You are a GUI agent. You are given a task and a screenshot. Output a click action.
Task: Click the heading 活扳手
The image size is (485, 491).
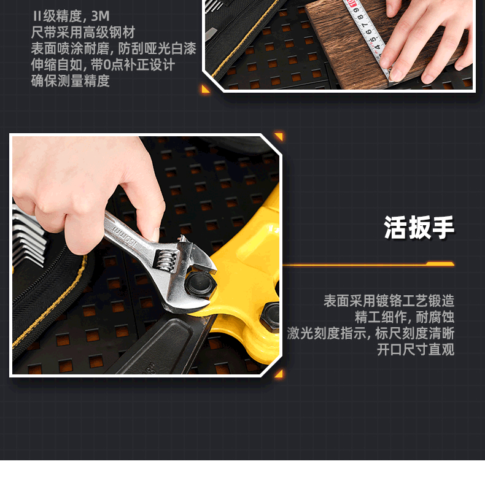419,227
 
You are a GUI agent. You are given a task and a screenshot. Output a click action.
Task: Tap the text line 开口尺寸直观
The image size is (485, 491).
416,349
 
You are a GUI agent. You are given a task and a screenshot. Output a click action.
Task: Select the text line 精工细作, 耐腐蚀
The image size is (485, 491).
405,317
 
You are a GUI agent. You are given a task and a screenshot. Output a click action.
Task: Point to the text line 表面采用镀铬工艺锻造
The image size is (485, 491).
389,301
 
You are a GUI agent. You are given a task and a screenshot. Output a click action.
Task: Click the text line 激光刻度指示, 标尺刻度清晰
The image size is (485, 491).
371,333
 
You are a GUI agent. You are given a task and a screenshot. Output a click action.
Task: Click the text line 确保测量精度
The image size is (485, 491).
70,81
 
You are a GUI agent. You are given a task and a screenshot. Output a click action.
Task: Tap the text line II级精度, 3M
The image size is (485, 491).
71,17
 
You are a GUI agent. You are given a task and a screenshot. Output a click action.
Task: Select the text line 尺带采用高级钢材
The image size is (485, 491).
83,33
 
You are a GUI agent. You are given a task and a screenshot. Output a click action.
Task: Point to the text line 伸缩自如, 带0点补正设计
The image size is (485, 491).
103,65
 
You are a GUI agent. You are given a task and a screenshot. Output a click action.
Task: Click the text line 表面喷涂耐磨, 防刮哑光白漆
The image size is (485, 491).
114,48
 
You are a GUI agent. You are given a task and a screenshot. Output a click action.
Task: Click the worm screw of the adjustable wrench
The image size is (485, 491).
165,260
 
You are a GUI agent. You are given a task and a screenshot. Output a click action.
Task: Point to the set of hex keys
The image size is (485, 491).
28,236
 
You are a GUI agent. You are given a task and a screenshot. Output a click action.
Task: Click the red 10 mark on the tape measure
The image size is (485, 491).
352,4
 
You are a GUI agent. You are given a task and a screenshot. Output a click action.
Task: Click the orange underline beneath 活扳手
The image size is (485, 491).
368,265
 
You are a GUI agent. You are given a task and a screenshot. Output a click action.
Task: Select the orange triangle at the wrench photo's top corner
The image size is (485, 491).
279,136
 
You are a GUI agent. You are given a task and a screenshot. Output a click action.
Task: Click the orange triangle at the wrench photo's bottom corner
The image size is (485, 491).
279,374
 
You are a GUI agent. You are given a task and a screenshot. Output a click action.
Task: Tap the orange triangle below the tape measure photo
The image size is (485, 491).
206,89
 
